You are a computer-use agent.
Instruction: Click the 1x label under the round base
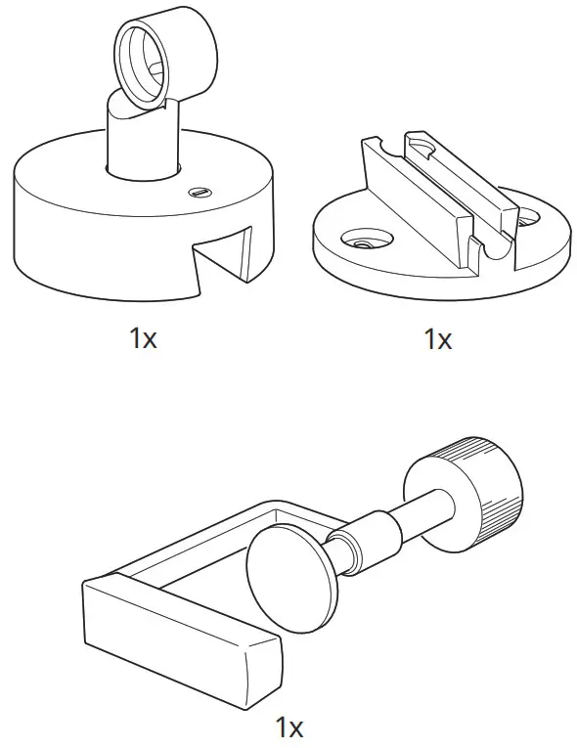point(143,338)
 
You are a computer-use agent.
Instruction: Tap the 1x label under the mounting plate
point(437,338)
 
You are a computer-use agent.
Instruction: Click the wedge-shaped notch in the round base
point(223,262)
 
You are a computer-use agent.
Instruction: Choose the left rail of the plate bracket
point(411,197)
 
